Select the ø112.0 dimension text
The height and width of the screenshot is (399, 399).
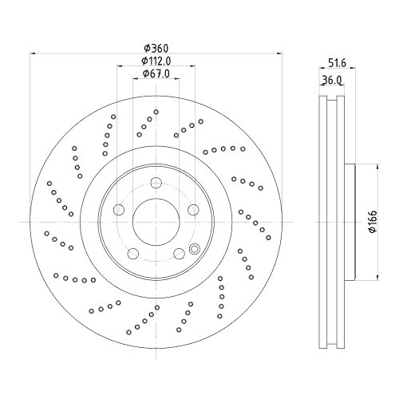tap(157, 61)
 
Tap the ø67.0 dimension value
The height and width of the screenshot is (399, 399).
tap(156, 74)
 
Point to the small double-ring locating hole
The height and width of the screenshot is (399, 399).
tap(193, 250)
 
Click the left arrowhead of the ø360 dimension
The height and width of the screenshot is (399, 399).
tap(33, 54)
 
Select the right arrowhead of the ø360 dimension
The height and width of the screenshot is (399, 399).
tap(281, 54)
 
